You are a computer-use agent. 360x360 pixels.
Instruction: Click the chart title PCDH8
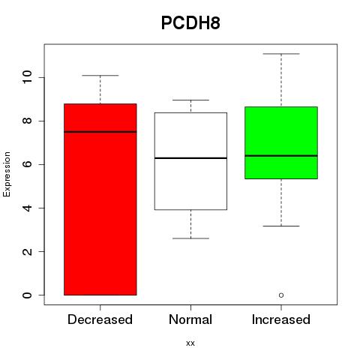click(x=190, y=23)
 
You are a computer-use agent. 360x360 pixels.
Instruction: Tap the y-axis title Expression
click(x=7, y=174)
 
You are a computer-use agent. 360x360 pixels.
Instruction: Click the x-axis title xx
click(x=190, y=343)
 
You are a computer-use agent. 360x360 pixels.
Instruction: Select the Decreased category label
click(x=100, y=319)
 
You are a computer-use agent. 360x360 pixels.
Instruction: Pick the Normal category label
click(x=190, y=319)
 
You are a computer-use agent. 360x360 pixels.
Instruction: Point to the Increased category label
click(x=281, y=319)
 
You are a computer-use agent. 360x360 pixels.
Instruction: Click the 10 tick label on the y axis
click(x=28, y=77)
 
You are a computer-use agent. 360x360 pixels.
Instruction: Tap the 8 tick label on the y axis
click(x=28, y=121)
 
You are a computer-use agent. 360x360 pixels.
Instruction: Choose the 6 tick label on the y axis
click(x=28, y=164)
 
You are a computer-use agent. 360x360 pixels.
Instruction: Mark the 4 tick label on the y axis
click(x=28, y=208)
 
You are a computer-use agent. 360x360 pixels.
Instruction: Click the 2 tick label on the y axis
click(x=28, y=251)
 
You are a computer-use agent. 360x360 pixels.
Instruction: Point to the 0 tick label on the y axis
click(x=28, y=295)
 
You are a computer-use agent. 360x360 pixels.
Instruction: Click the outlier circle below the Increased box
click(x=281, y=295)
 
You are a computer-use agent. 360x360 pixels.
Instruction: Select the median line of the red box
click(x=100, y=132)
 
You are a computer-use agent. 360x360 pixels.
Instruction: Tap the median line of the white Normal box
click(x=190, y=158)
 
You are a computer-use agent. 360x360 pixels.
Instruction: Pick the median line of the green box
click(x=281, y=155)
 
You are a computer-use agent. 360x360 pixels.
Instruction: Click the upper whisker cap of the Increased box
click(x=281, y=54)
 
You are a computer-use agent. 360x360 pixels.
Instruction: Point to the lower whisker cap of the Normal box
click(x=190, y=238)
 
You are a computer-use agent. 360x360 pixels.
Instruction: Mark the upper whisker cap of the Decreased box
click(x=100, y=75)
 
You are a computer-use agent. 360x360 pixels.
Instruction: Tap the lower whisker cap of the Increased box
click(x=281, y=226)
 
